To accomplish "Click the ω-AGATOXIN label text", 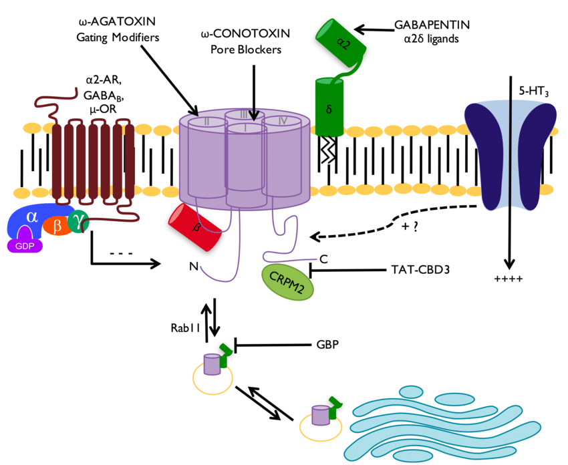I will tap(118, 22).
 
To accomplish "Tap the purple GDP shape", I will tap(25, 245).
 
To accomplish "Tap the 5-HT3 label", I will tap(525, 89).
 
